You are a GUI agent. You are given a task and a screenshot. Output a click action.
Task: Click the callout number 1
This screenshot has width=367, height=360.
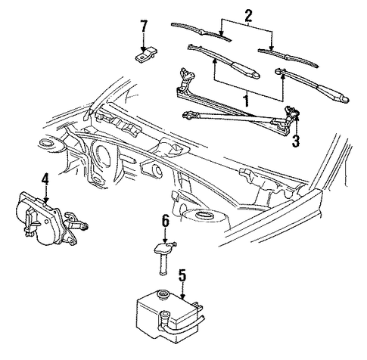click(x=247, y=100)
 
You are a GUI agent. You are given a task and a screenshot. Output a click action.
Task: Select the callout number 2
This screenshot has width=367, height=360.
click(x=247, y=16)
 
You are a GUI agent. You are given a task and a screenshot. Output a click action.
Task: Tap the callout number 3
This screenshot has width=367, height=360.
click(x=296, y=141)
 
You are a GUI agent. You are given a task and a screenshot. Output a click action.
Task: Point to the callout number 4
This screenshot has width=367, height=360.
click(x=45, y=180)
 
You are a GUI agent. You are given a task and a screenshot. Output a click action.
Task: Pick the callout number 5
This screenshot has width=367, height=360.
click(x=182, y=275)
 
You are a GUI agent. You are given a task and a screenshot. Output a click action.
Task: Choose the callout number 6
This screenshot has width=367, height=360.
click(x=165, y=222)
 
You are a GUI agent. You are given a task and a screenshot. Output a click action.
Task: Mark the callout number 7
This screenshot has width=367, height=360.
click(x=144, y=26)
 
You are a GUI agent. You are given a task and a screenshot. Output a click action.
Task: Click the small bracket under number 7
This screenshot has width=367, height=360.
click(x=146, y=55)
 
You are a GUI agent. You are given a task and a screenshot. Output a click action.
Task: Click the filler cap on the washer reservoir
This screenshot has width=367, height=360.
click(x=163, y=293)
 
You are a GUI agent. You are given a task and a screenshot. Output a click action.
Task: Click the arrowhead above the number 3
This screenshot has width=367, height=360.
click(x=296, y=116)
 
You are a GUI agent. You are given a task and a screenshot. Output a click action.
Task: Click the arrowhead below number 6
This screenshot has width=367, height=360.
click(x=165, y=241)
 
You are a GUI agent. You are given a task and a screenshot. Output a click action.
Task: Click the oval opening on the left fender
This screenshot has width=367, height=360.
click(x=46, y=142)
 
